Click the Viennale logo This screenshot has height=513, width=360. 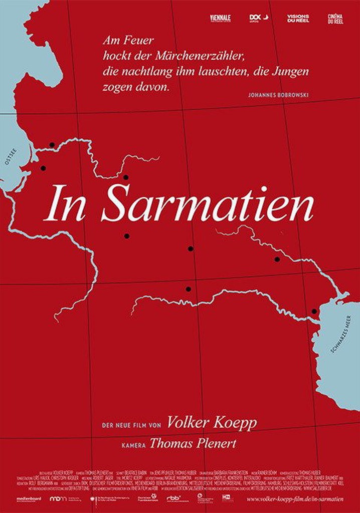(x=220, y=19)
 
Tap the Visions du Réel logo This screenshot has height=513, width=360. (x=298, y=19)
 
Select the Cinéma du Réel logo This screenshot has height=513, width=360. (x=335, y=19)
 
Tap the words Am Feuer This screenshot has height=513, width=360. (x=121, y=40)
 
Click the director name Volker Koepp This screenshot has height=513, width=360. (x=212, y=423)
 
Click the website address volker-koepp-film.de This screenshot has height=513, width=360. (x=295, y=499)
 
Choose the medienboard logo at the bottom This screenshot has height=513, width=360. (x=29, y=499)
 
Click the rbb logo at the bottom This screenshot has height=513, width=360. (x=173, y=498)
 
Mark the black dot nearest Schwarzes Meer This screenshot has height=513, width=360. (x=314, y=311)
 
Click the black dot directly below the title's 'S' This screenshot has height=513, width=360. (x=127, y=236)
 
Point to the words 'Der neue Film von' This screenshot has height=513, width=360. (x=131, y=424)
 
